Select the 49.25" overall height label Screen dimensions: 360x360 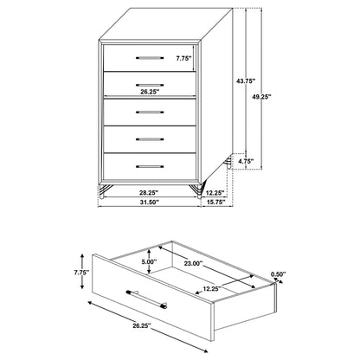pyautogui.click(x=276, y=99)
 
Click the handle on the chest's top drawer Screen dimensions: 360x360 pyautogui.click(x=151, y=58)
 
